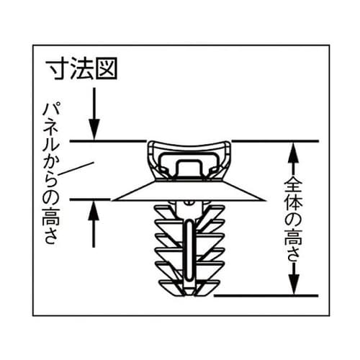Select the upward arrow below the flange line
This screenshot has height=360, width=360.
[x=93, y=223]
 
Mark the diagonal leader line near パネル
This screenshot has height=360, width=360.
[x=78, y=169]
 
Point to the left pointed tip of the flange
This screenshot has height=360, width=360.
[x=113, y=197]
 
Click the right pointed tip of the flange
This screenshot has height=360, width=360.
[x=266, y=197]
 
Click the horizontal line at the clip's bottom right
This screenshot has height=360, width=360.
[x=266, y=295]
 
